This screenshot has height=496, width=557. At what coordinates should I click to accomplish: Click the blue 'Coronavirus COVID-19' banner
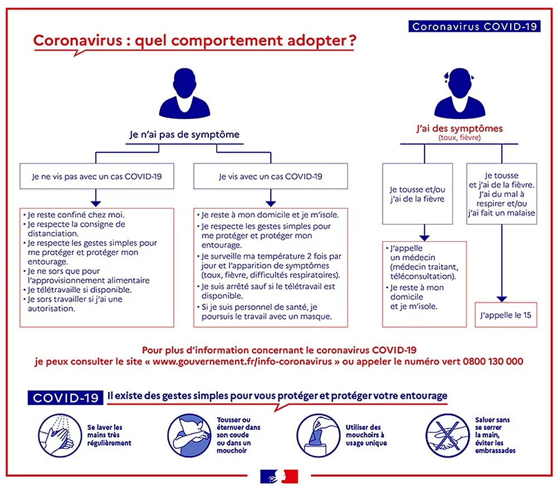[474, 26]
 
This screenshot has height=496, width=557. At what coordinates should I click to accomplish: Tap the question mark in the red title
[352, 40]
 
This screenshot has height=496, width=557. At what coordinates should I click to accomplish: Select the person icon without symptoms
[184, 94]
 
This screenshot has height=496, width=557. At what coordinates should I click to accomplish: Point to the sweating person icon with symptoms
[460, 94]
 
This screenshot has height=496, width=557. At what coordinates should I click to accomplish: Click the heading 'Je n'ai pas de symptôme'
[184, 135]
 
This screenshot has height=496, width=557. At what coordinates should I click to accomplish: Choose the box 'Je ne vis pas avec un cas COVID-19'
[96, 176]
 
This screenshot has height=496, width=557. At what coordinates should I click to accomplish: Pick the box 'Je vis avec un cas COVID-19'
[270, 176]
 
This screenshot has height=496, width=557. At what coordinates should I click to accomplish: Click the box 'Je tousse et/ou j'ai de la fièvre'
[417, 194]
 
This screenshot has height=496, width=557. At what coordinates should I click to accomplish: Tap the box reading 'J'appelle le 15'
[506, 315]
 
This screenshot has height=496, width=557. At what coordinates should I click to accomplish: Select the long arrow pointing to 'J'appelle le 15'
[502, 263]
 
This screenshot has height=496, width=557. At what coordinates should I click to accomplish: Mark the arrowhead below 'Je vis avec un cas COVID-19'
[271, 204]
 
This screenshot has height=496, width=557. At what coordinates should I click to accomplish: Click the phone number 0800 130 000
[493, 361]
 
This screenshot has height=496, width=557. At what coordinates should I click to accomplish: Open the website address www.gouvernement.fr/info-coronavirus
[242, 361]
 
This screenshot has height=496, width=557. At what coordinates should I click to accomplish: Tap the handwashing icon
[60, 435]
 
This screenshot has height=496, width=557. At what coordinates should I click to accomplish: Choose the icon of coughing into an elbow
[189, 435]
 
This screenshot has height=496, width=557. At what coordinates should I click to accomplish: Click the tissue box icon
[318, 435]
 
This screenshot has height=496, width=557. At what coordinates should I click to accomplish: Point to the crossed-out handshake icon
[448, 435]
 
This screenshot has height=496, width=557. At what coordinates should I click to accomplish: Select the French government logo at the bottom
[279, 477]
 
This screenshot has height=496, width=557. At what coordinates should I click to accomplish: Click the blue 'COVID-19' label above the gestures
[65, 397]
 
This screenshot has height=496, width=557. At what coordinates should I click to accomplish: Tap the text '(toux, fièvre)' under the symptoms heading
[460, 137]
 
